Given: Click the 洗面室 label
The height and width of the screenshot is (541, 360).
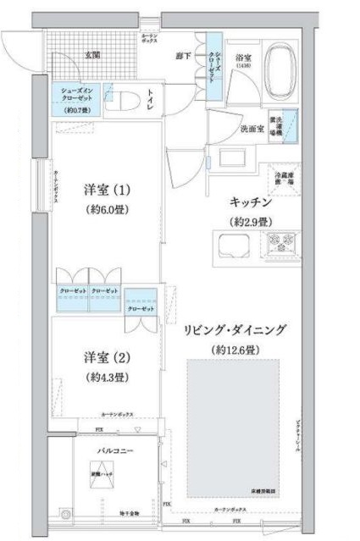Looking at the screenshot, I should pos(252,130).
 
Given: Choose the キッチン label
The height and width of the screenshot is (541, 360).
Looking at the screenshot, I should pos(250,203).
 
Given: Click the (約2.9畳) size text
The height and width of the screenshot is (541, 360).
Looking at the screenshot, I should pos(252,222).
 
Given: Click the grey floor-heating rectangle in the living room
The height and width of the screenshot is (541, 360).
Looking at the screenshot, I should pos(233,423).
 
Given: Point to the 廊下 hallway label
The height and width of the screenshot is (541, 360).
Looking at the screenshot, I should pos(181,55).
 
